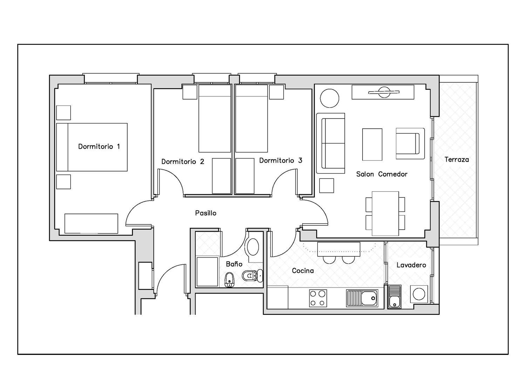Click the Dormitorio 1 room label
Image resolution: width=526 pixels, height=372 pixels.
point(99,147)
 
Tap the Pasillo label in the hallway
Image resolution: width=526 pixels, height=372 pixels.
point(206,213)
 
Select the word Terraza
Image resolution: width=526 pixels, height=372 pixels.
point(457,160)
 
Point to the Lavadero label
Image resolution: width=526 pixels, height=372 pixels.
point(411,265)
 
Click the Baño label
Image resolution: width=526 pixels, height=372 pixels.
point(234,264)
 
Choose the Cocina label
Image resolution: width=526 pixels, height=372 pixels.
point(303,271)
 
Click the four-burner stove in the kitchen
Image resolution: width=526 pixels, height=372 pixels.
point(318,298)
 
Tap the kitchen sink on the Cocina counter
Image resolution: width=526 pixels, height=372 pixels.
point(362,298)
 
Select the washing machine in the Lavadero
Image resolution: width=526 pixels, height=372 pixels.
point(419,294)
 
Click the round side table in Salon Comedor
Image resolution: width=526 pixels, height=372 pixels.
point(330,99)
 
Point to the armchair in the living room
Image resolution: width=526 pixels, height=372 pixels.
point(410,143)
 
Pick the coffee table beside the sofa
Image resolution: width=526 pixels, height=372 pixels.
point(372,144)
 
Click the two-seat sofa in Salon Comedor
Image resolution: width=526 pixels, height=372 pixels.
point(331,143)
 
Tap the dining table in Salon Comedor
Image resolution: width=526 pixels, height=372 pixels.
point(385,214)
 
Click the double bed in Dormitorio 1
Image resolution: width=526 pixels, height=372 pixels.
point(92,147)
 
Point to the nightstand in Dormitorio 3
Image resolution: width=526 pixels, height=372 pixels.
point(276,92)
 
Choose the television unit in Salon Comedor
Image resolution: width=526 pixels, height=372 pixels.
point(383,92)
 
